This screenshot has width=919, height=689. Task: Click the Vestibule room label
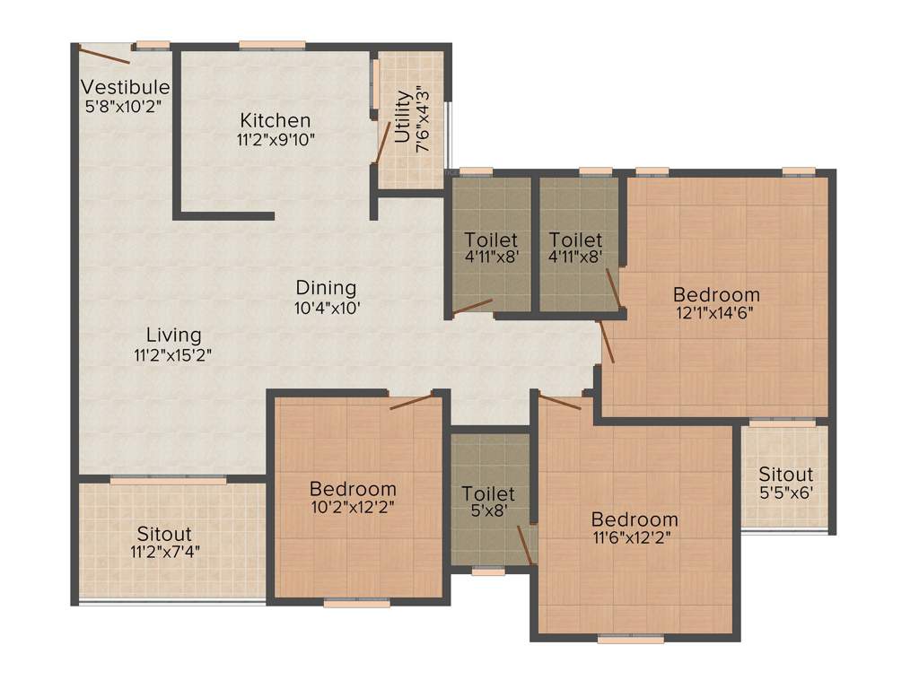pyautogui.click(x=126, y=87)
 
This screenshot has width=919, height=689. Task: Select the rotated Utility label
pyautogui.click(x=403, y=117)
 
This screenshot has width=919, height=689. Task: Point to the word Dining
pyautogui.click(x=326, y=288)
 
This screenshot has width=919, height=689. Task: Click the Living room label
pyautogui.click(x=173, y=335)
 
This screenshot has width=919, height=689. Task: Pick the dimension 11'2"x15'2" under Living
pyautogui.click(x=173, y=353)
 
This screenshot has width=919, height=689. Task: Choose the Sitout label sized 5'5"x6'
pyautogui.click(x=785, y=474)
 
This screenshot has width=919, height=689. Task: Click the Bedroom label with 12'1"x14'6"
pyautogui.click(x=716, y=294)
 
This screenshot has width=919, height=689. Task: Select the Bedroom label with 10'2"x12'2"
pyautogui.click(x=353, y=489)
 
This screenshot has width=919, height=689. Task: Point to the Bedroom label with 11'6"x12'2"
pyautogui.click(x=634, y=519)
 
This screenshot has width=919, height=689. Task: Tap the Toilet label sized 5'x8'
pyautogui.click(x=488, y=494)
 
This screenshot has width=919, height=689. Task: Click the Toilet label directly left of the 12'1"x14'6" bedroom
pyautogui.click(x=575, y=240)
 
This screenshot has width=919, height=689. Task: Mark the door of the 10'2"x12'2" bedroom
pyautogui.click(x=411, y=400)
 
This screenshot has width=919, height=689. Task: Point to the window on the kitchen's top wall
pyautogui.click(x=272, y=45)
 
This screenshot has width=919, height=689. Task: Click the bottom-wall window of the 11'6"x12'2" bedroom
pyautogui.click(x=631, y=640)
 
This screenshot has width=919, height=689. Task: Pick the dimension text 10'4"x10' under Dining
pyautogui.click(x=327, y=307)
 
